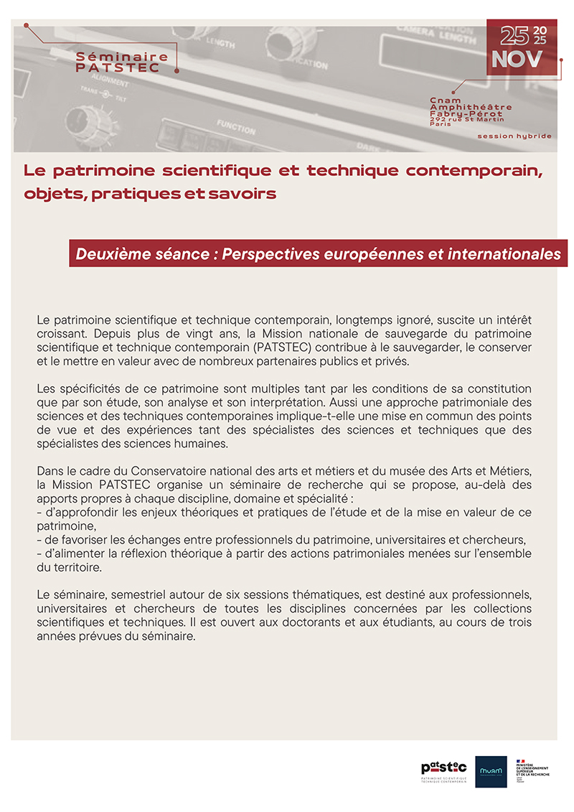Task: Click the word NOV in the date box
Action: (x=517, y=59)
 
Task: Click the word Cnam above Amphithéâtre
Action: (x=445, y=101)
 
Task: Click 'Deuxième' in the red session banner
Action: (x=109, y=255)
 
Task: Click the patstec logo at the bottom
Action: (x=443, y=769)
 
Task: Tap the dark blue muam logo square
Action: (x=491, y=771)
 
